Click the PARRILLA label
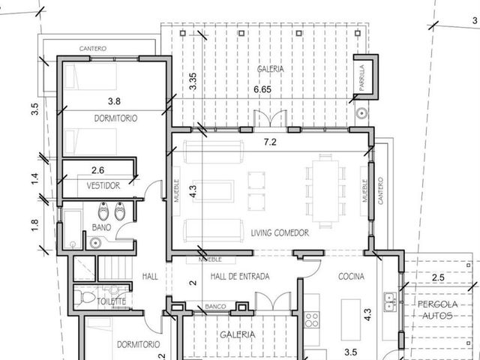(361, 78)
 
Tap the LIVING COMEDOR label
(280, 233)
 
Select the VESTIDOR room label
(103, 185)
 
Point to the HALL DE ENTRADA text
(240, 277)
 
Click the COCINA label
(351, 277)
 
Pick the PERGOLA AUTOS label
(438, 310)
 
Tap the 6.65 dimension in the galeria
(262, 89)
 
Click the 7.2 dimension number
(270, 142)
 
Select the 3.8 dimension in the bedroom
(114, 101)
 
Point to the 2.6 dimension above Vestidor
(97, 170)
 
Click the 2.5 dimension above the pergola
(438, 277)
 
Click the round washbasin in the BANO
(95, 243)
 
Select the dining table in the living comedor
(325, 190)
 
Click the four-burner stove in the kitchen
(312, 319)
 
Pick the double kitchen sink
(390, 301)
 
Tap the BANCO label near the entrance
(215, 307)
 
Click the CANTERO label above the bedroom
(93, 48)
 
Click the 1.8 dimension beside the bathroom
(35, 226)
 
